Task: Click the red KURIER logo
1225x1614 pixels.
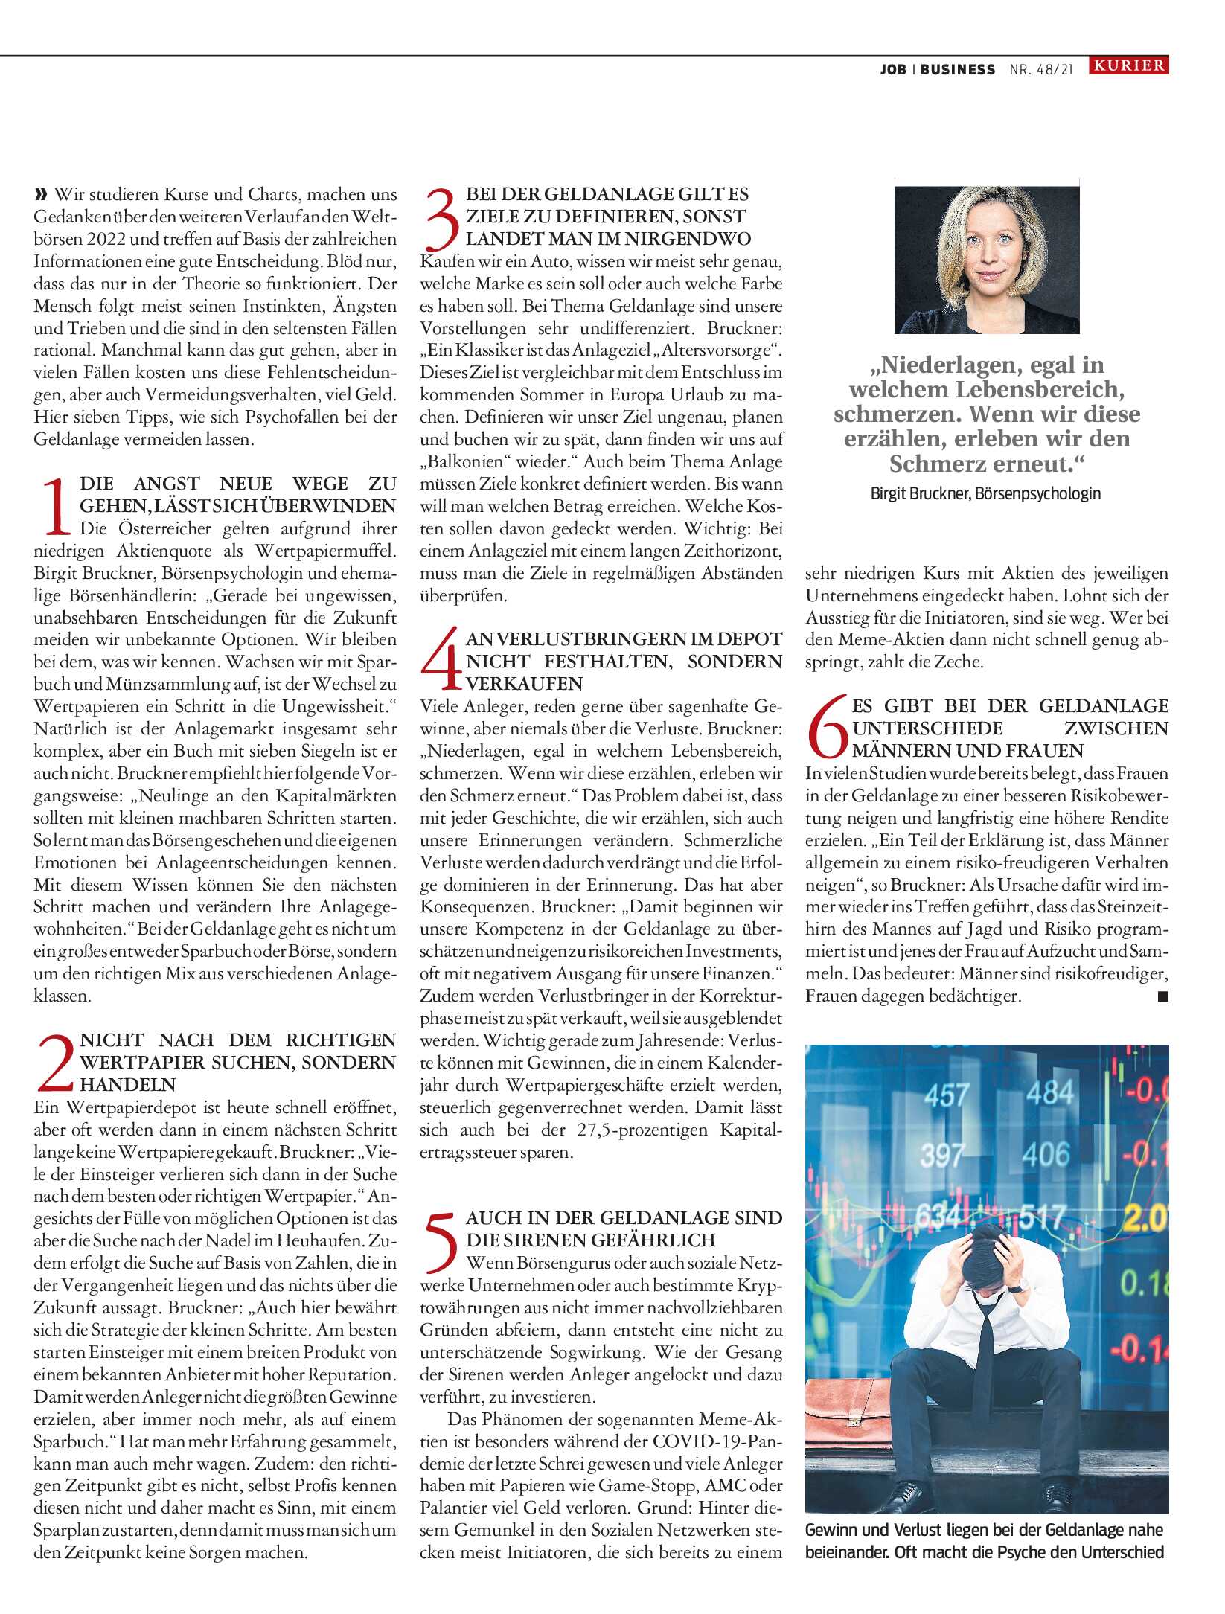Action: pyautogui.click(x=1129, y=65)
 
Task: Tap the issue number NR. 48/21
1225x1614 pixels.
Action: pyautogui.click(x=1041, y=70)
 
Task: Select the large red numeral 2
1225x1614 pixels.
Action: pyautogui.click(x=56, y=1063)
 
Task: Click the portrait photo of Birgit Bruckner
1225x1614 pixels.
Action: pyautogui.click(x=986, y=259)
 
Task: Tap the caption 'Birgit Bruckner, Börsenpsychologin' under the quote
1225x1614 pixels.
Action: pyautogui.click(x=985, y=493)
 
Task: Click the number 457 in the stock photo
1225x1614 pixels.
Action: pyautogui.click(x=947, y=1095)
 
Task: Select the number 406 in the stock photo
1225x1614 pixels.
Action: pyautogui.click(x=1046, y=1154)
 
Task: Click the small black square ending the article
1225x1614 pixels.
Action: pyautogui.click(x=1162, y=996)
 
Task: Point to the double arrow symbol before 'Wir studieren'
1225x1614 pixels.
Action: pyautogui.click(x=41, y=195)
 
